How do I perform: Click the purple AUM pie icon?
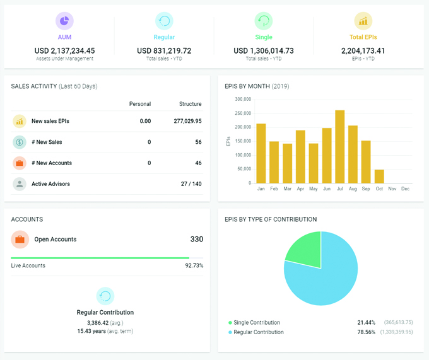point(64,21)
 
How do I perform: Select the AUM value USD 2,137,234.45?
point(64,50)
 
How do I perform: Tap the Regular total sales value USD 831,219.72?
point(164,50)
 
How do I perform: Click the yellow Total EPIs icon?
point(363,21)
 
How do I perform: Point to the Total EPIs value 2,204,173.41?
point(363,50)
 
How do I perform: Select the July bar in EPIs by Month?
point(339,146)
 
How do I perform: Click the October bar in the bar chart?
point(379,176)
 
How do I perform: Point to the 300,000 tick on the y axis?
point(242,99)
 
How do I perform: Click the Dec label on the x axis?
point(405,189)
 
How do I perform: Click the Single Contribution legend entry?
point(257,322)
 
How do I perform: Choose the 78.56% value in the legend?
point(366,332)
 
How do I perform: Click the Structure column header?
point(190,104)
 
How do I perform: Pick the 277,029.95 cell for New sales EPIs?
point(187,121)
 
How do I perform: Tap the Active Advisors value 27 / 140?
point(191,184)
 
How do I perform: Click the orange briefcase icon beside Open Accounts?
point(20,240)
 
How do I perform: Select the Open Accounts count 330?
point(196,240)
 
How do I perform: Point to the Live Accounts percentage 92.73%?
point(193,266)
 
